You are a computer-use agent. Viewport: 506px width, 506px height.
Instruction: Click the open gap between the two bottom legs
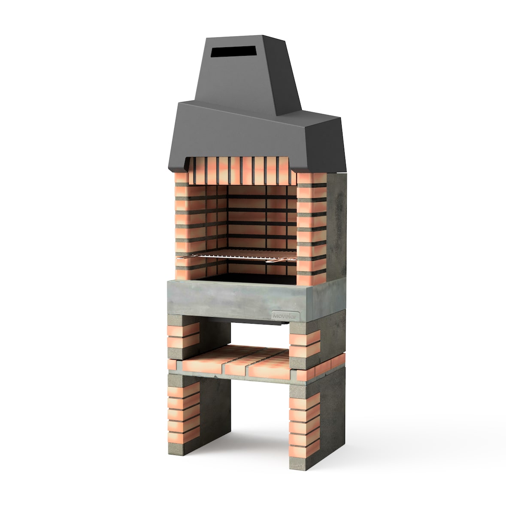(258, 412)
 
